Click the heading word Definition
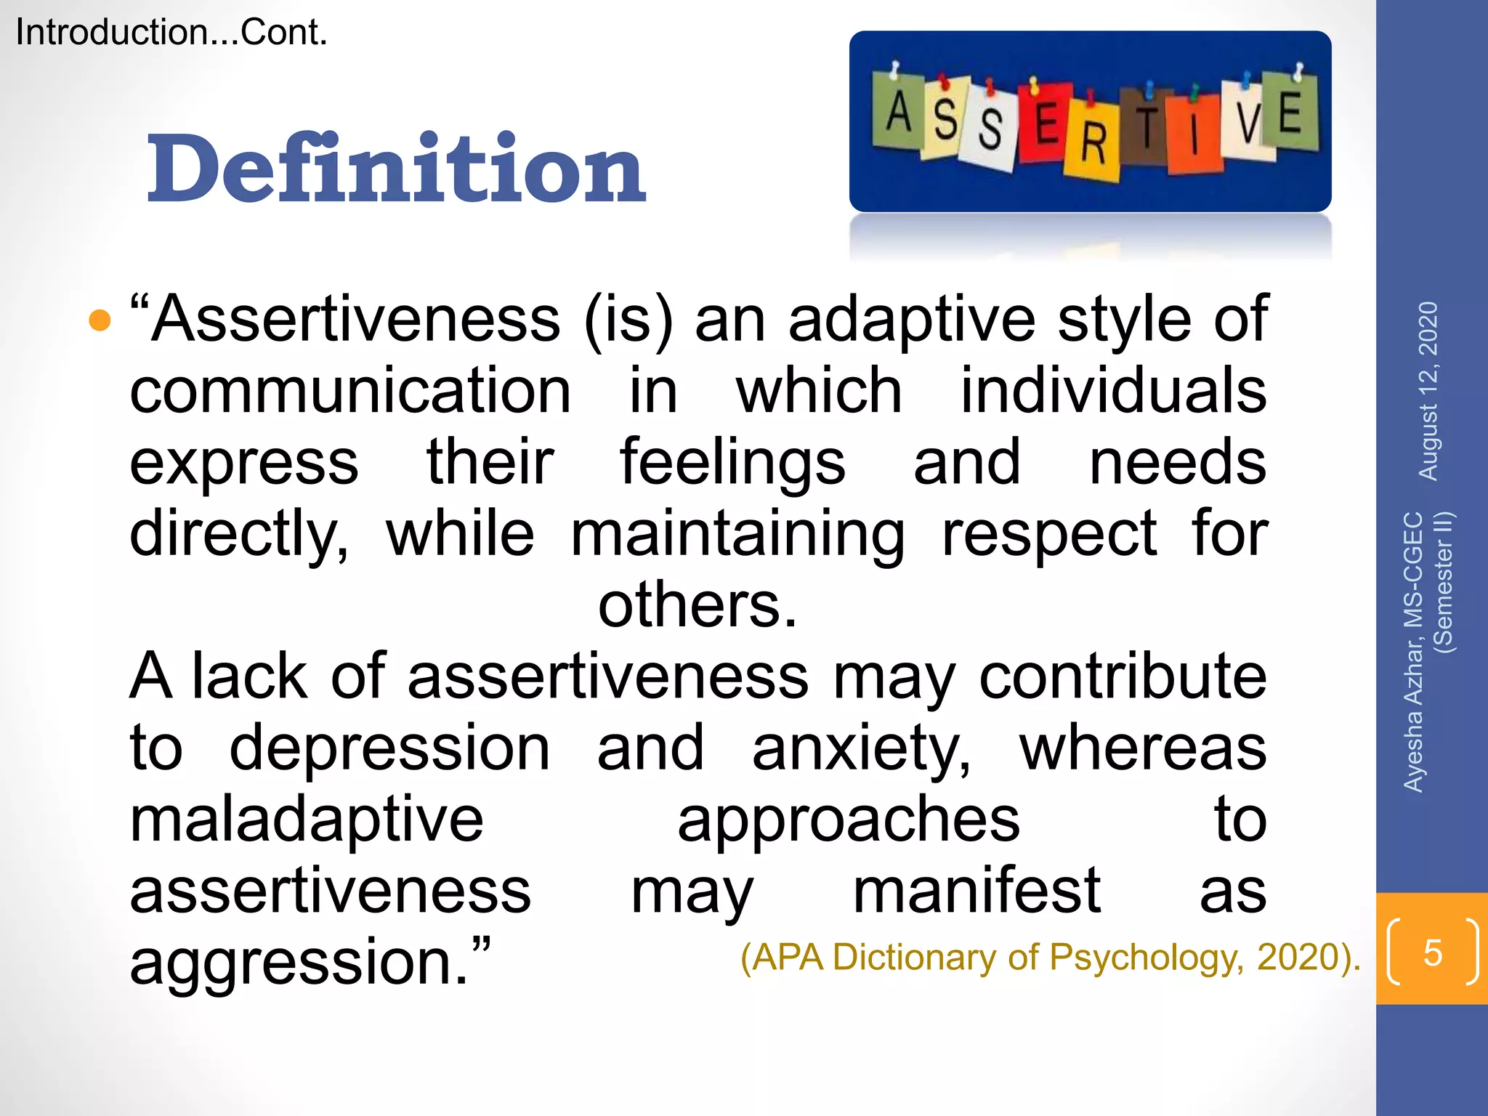pyautogui.click(x=396, y=169)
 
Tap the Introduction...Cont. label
pyautogui.click(x=171, y=33)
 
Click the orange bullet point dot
pyautogui.click(x=100, y=320)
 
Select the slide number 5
pyautogui.click(x=1432, y=952)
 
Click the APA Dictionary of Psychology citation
pyautogui.click(x=1050, y=957)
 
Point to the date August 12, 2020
pyautogui.click(x=1428, y=391)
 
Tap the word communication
pyautogui.click(x=350, y=391)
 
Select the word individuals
pyautogui.click(x=1113, y=391)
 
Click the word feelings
pyautogui.click(x=732, y=462)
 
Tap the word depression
pyautogui.click(x=389, y=748)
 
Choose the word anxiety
pyautogui.click(x=860, y=748)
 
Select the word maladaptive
pyautogui.click(x=307, y=820)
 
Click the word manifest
pyautogui.click(x=976, y=891)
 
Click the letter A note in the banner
pyautogui.click(x=899, y=112)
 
